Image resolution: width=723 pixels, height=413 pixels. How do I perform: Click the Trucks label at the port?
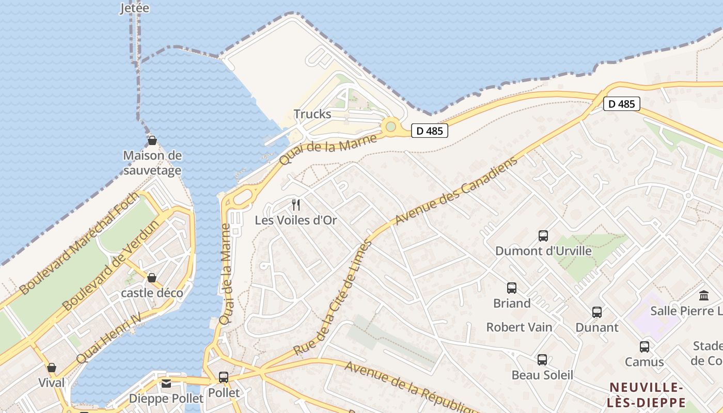pyautogui.click(x=312, y=114)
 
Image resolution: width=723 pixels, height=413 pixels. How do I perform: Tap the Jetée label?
pyautogui.click(x=134, y=8)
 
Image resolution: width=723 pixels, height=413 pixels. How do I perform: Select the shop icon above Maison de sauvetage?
pyautogui.click(x=152, y=140)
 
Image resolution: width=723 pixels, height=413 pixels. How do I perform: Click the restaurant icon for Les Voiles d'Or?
pyautogui.click(x=296, y=205)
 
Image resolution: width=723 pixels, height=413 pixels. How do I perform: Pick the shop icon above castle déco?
pyautogui.click(x=152, y=278)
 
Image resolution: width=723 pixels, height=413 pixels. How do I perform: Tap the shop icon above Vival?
pyautogui.click(x=52, y=368)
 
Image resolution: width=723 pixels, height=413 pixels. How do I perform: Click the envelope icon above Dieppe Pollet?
pyautogui.click(x=166, y=384)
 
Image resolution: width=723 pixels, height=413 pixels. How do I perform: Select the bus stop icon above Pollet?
pyautogui.click(x=224, y=377)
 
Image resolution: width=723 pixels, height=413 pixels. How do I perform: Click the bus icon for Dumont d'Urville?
pyautogui.click(x=543, y=236)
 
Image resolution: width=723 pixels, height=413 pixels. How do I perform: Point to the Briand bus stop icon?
pyautogui.click(x=512, y=288)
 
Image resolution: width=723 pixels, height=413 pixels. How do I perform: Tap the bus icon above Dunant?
pyautogui.click(x=597, y=312)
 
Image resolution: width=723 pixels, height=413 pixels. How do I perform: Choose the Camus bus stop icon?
pyautogui.click(x=645, y=347)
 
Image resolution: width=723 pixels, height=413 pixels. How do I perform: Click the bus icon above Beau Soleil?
pyautogui.click(x=542, y=360)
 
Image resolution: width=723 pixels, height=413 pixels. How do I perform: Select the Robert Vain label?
pyautogui.click(x=519, y=327)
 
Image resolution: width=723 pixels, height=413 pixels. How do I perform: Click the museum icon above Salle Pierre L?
pyautogui.click(x=704, y=296)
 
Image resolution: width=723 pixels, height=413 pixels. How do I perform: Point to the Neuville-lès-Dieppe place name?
pyautogui.click(x=647, y=395)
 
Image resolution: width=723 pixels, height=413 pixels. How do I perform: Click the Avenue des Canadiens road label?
pyautogui.click(x=456, y=192)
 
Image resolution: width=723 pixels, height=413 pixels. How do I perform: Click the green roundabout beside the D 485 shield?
pyautogui.click(x=391, y=126)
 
